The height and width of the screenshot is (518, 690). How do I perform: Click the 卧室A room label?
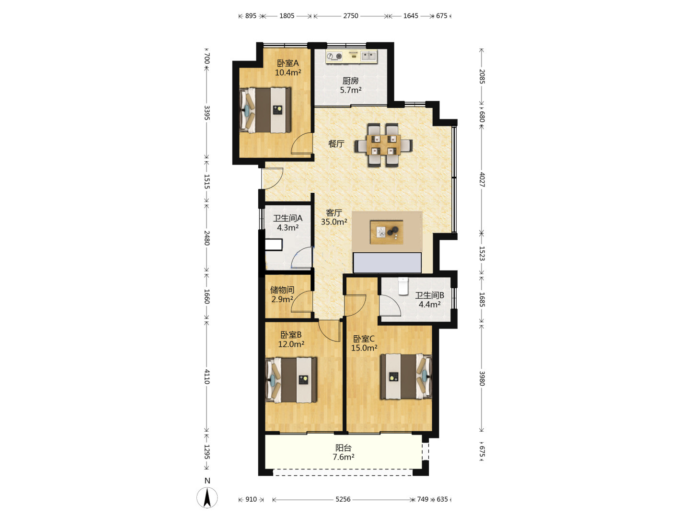[287, 63]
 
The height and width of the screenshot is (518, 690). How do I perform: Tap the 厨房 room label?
[350, 81]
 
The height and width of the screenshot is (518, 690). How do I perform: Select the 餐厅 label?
[336, 144]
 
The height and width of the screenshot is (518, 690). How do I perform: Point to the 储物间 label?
[282, 290]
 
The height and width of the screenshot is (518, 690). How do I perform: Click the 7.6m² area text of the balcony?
[343, 457]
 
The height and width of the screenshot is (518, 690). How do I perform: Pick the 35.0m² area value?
[334, 222]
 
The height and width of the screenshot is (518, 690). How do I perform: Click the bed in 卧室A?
[265, 110]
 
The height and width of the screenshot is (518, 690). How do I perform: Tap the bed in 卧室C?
[406, 377]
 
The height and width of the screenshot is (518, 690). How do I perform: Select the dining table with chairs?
[383, 145]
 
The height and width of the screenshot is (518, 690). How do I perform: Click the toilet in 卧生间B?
[402, 286]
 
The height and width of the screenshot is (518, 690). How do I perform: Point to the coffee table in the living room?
[387, 232]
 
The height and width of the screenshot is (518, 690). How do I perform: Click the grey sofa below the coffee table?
[387, 263]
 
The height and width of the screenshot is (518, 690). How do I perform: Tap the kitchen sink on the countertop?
[369, 56]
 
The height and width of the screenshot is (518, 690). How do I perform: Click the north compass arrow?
[207, 497]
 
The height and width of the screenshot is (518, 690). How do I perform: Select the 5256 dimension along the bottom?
[343, 499]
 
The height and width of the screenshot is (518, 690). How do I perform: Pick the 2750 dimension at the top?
[350, 16]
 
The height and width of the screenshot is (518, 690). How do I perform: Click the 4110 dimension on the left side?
[207, 377]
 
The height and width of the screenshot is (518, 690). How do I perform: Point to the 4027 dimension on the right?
[482, 179]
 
